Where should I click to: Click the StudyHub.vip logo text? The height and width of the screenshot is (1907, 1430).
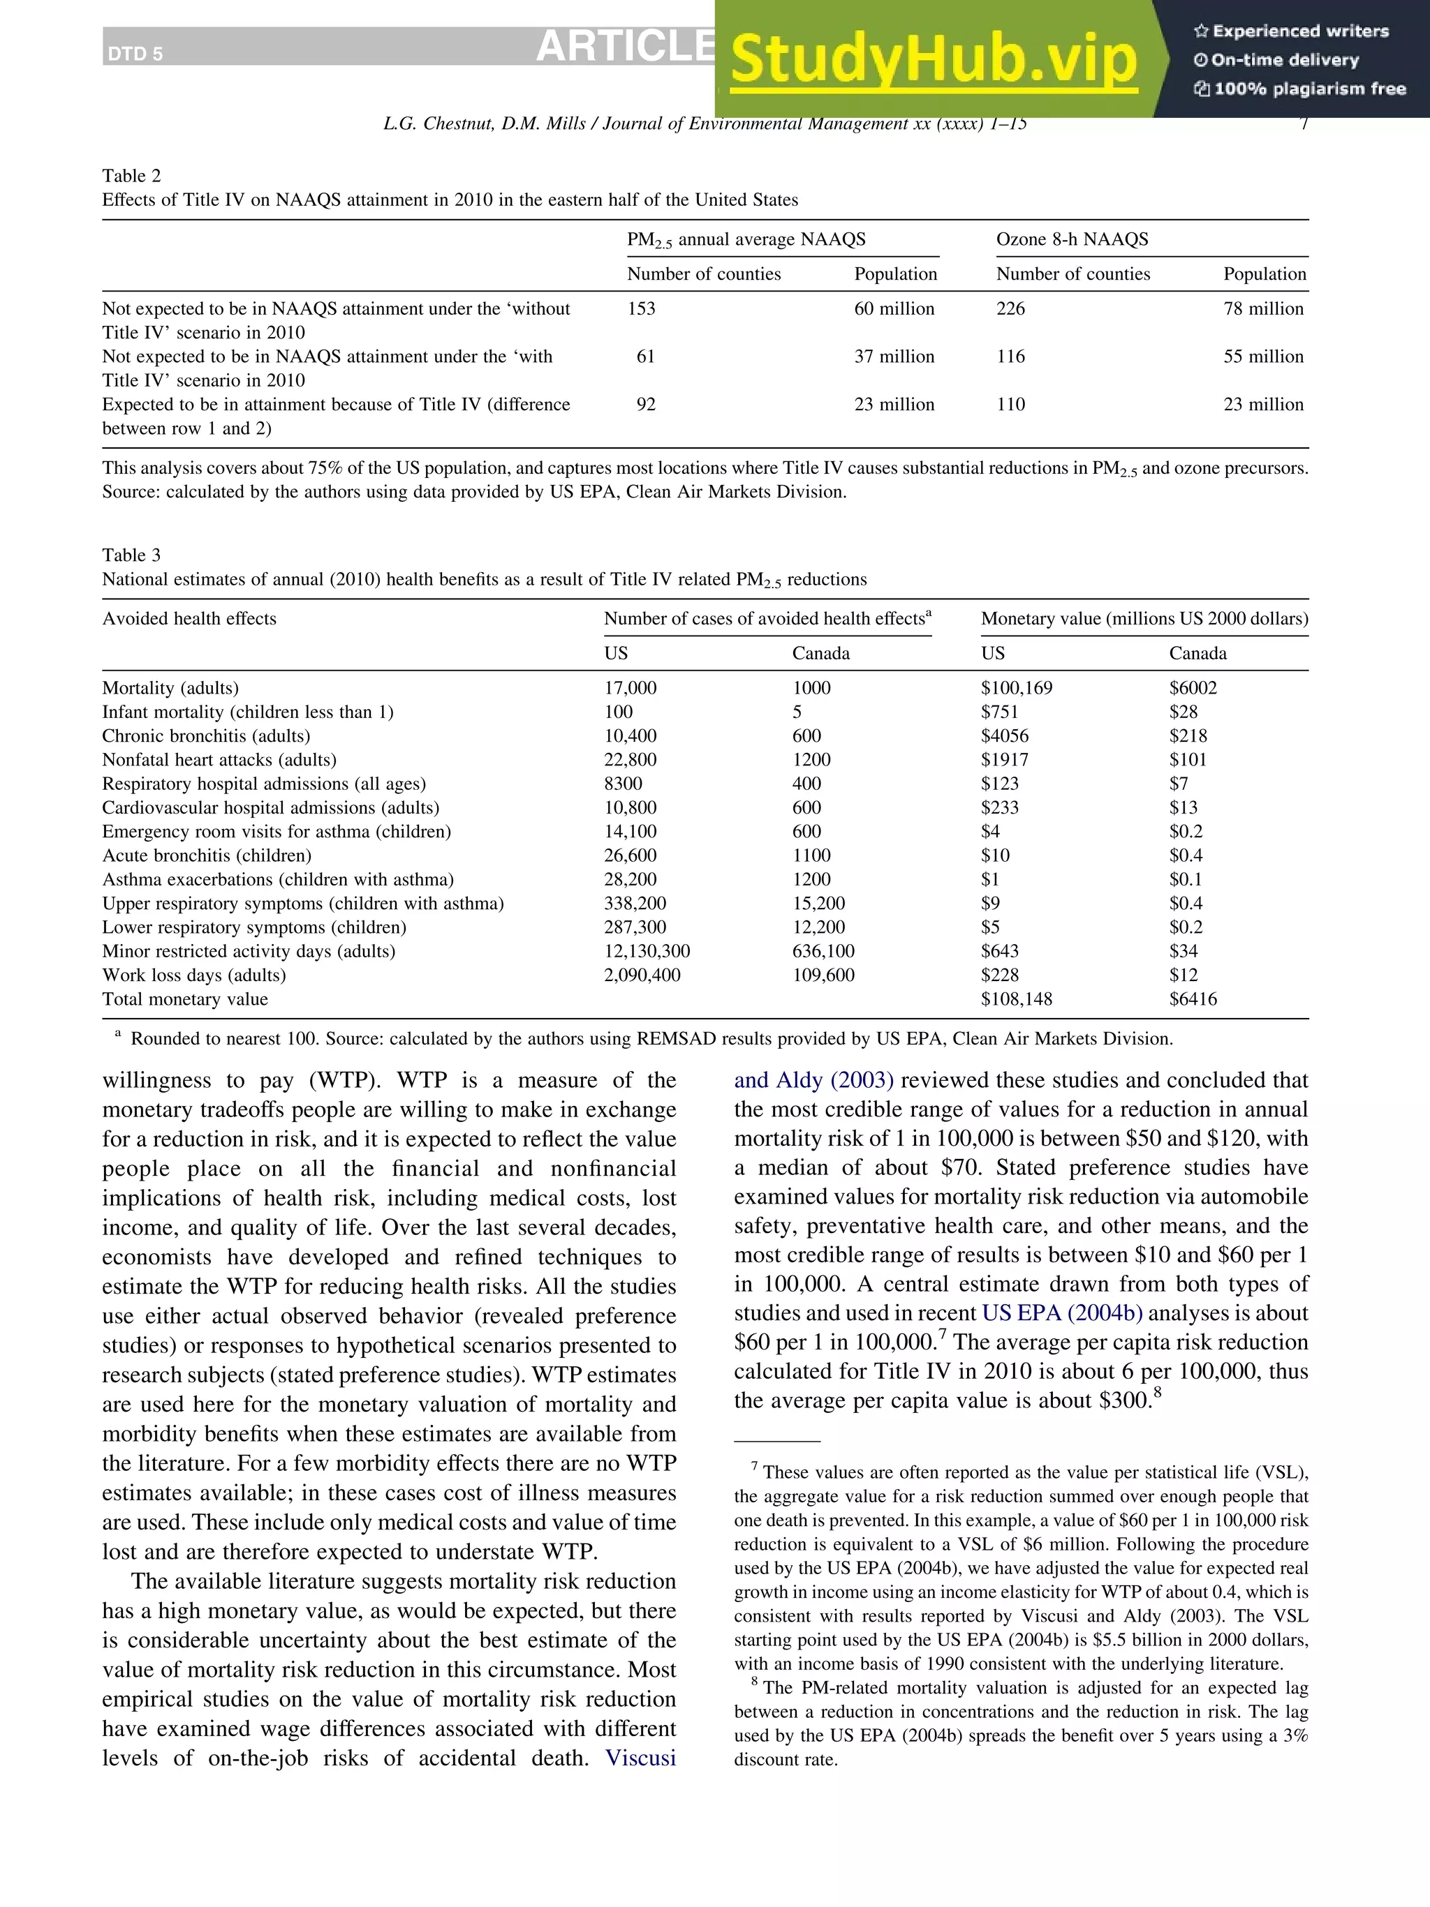[x=934, y=59]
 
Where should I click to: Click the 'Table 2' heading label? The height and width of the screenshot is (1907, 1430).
[x=131, y=176]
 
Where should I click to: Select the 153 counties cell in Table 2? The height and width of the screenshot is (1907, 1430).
[x=641, y=308]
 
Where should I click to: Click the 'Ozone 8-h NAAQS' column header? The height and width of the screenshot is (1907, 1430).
[x=1071, y=239]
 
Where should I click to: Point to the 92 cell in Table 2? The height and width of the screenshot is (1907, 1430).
[x=645, y=404]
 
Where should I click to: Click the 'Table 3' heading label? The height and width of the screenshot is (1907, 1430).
[x=131, y=555]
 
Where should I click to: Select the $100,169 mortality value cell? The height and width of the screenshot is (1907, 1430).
[x=1016, y=688]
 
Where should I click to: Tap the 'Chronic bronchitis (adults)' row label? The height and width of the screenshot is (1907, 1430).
[x=206, y=736]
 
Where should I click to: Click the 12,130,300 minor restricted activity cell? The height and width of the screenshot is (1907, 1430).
[x=646, y=952]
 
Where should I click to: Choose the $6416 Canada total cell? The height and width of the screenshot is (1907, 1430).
[x=1192, y=999]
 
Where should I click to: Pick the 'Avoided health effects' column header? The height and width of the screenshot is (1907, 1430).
[x=189, y=619]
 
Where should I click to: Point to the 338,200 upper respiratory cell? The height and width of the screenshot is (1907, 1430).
[x=634, y=904]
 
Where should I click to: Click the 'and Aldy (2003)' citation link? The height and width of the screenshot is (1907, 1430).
[x=813, y=1080]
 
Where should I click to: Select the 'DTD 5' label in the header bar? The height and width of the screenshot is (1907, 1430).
[x=135, y=54]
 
